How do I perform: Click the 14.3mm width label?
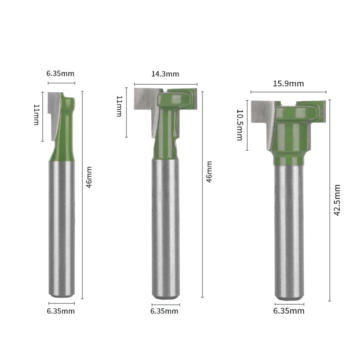click(x=165, y=74)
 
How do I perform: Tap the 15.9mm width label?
click(x=288, y=84)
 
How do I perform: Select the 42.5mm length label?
click(x=337, y=200)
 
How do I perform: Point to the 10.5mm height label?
click(x=239, y=125)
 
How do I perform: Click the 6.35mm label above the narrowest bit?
click(x=60, y=73)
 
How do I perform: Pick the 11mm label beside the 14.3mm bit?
click(x=119, y=106)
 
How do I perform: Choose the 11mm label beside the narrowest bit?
click(x=36, y=115)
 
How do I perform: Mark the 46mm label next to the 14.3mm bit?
click(x=209, y=171)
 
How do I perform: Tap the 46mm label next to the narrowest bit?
click(x=89, y=177)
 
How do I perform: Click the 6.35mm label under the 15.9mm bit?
click(x=289, y=311)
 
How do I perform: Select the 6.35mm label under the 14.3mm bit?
click(x=164, y=311)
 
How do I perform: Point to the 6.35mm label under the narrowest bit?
click(x=61, y=311)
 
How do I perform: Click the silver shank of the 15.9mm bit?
click(x=289, y=229)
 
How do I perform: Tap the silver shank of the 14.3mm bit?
click(x=165, y=225)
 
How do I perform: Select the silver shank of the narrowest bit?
click(x=62, y=225)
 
